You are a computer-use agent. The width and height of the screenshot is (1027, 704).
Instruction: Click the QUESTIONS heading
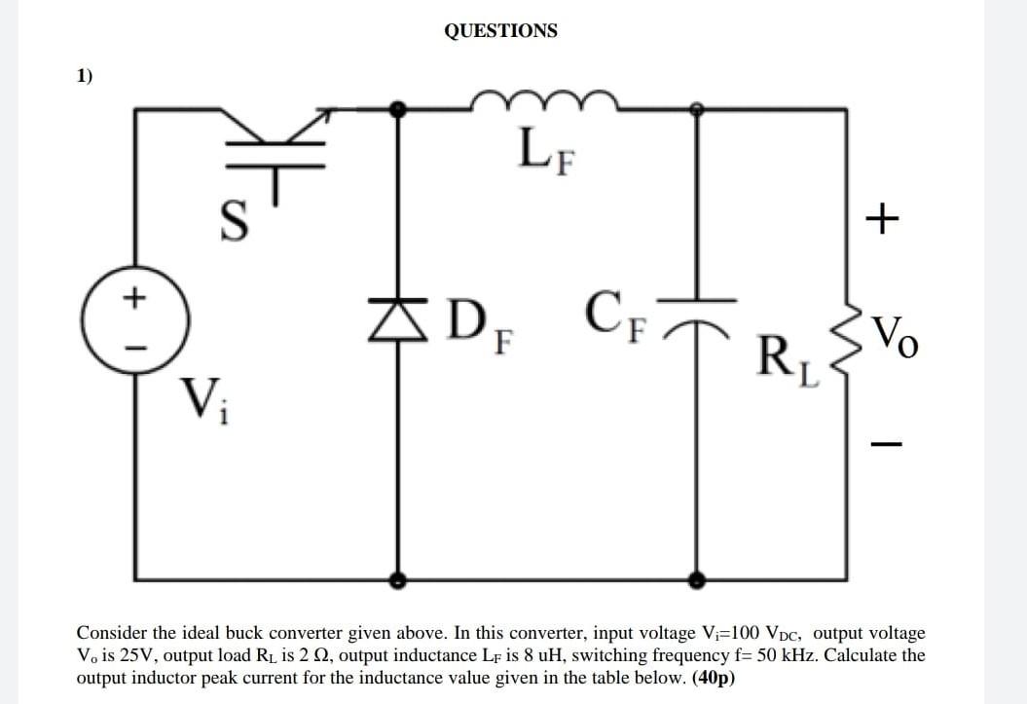[x=500, y=30]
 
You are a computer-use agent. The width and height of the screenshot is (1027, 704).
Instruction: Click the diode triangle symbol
[x=397, y=317]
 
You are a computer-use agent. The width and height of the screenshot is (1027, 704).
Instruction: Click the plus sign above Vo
[x=882, y=220]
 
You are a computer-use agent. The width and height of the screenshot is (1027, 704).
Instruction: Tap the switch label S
[x=230, y=222]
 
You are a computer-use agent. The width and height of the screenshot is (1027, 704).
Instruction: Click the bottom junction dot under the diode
[x=397, y=580]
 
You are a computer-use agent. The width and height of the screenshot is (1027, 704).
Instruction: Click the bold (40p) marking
[x=714, y=678]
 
